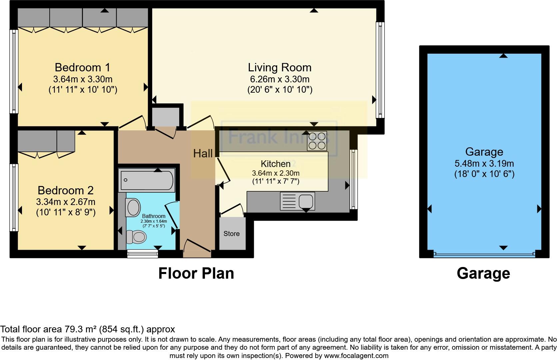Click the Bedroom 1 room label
pyautogui.click(x=82, y=67)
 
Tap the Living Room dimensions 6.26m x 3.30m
pyautogui.click(x=279, y=79)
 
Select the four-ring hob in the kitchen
pyautogui.click(x=317, y=141)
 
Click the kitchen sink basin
pyautogui.click(x=305, y=201)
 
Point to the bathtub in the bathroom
pyautogui.click(x=147, y=180)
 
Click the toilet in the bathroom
pyautogui.click(x=137, y=238)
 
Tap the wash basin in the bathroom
pyautogui.click(x=133, y=207)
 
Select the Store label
pyautogui.click(x=232, y=234)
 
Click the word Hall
pyautogui.click(x=203, y=153)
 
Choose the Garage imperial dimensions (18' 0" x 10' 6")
pyautogui.click(x=484, y=174)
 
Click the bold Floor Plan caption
pyautogui.click(x=196, y=273)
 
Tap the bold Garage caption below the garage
pyautogui.click(x=483, y=273)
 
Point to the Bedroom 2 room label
pyautogui.click(x=66, y=190)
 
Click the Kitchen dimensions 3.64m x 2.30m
pyautogui.click(x=276, y=173)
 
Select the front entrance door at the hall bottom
pyautogui.click(x=197, y=247)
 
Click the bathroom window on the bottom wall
pyautogui.click(x=143, y=254)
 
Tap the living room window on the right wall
pyautogui.click(x=380, y=70)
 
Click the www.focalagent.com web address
pyautogui.click(x=356, y=356)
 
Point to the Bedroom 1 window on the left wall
pyautogui.click(x=14, y=72)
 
